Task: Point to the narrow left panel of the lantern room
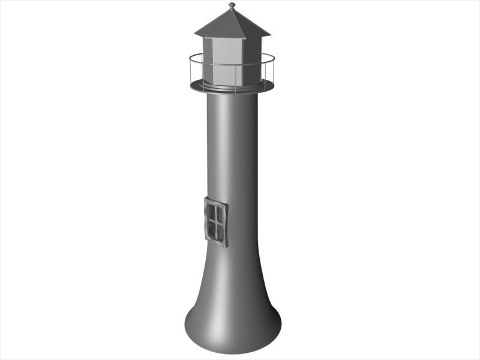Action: tap(208, 60)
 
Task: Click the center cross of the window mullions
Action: tap(215, 221)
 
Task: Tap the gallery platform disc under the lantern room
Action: tap(198, 86)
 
